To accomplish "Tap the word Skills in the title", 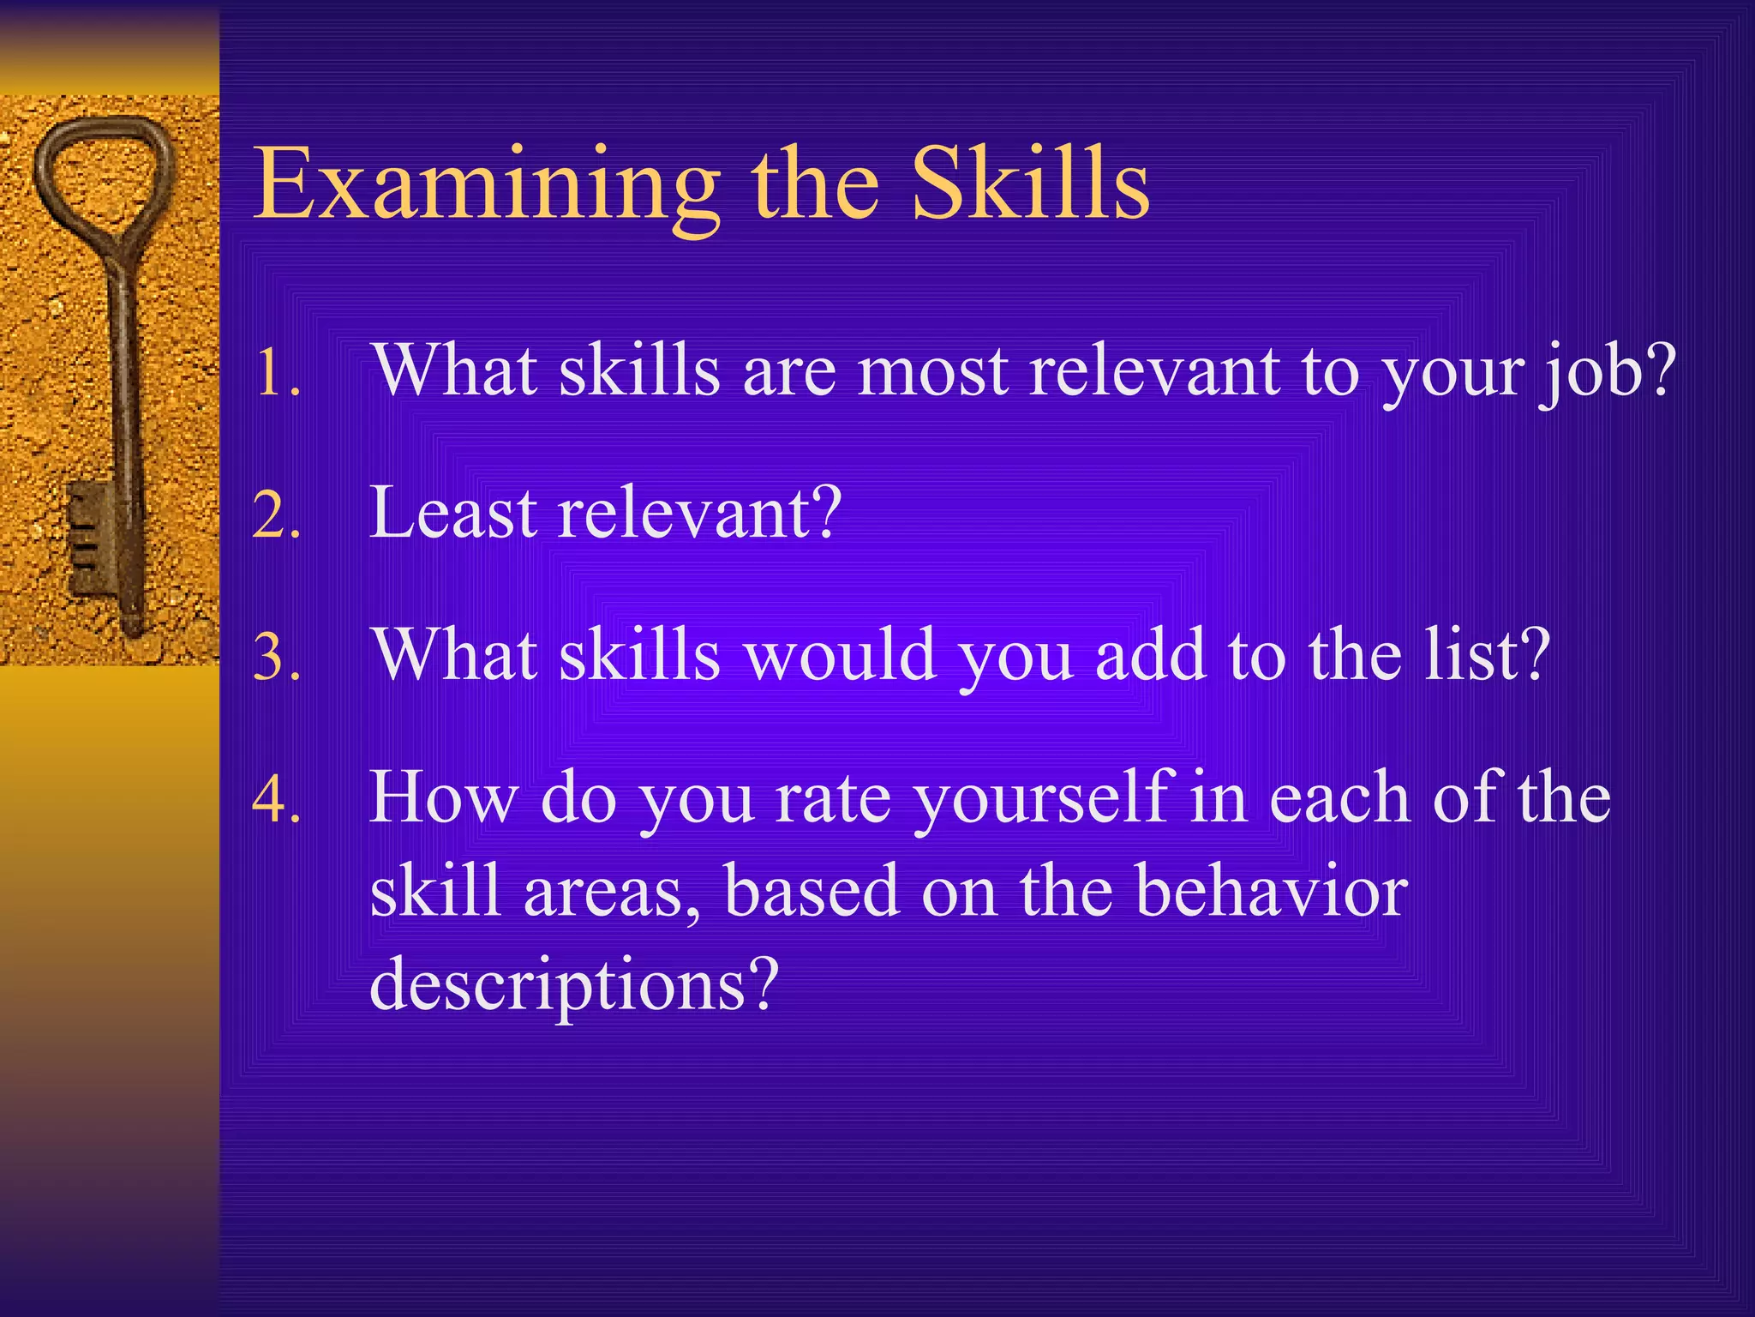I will tap(1029, 184).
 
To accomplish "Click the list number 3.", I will tap(277, 658).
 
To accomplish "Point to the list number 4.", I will tap(277, 800).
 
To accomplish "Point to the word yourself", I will tap(1042, 799).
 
